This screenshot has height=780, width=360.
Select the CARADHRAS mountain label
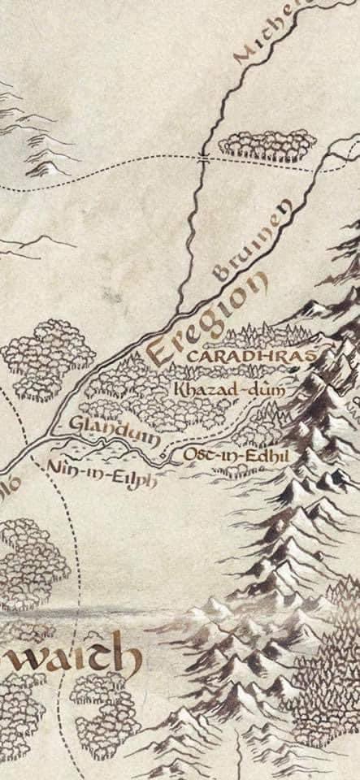pyautogui.click(x=249, y=356)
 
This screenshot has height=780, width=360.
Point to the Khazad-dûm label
pyautogui.click(x=230, y=390)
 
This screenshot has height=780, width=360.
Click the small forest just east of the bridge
pyautogui.click(x=267, y=144)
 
